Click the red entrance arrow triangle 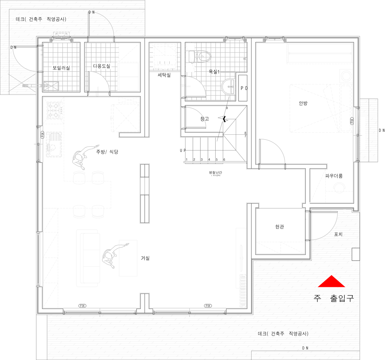331,282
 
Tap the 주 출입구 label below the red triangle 333,298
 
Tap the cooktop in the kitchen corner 54,110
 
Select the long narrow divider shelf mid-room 145,193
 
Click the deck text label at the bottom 283,334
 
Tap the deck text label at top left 41,19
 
